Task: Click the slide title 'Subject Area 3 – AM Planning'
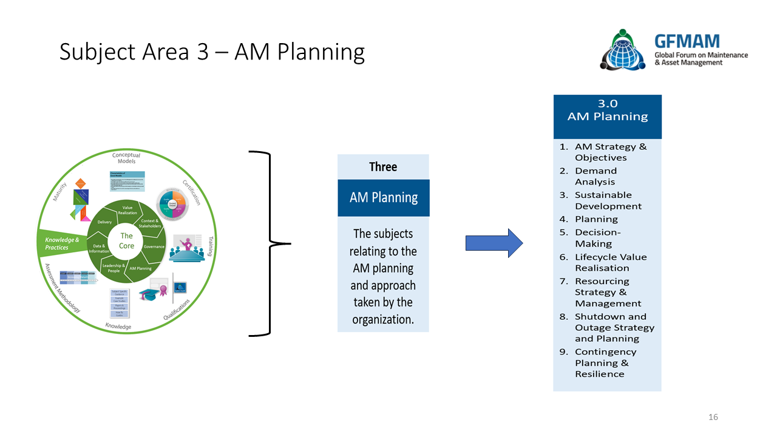point(212,52)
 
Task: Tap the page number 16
point(713,417)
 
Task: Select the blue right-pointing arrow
point(494,243)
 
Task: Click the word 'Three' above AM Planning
point(383,167)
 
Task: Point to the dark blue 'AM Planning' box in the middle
point(383,198)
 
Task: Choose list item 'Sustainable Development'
point(608,201)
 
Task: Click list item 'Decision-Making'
point(597,238)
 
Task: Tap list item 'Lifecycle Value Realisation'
point(610,262)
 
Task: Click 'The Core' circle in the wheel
point(126,240)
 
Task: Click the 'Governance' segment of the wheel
point(154,247)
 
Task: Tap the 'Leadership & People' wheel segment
point(114,268)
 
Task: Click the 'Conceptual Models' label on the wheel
point(126,158)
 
